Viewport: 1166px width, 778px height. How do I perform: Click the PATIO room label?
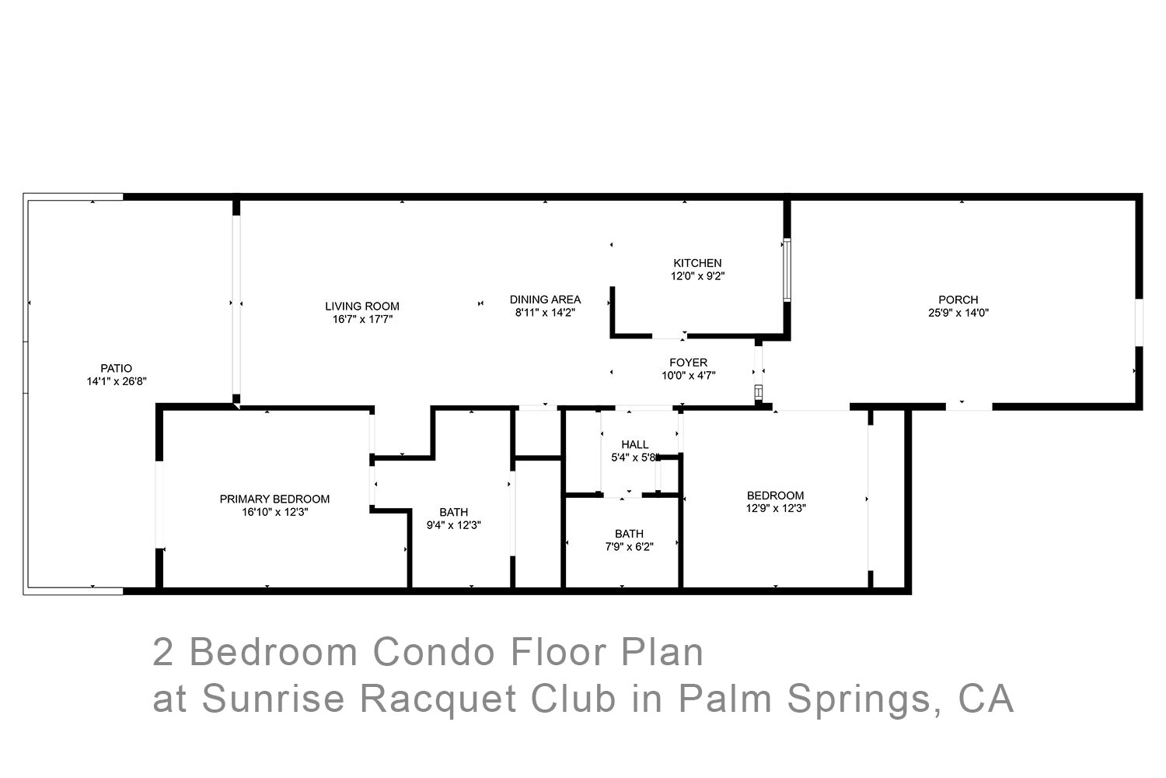tap(116, 369)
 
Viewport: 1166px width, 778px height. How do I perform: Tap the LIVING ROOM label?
tap(362, 307)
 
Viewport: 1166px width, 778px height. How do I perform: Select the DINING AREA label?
tap(545, 300)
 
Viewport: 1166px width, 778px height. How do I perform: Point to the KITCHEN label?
tap(697, 263)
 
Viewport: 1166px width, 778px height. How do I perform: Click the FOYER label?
tap(688, 363)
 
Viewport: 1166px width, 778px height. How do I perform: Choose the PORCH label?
tap(958, 300)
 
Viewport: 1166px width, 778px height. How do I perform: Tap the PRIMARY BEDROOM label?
tap(274, 499)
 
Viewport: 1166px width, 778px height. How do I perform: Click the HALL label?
tap(634, 444)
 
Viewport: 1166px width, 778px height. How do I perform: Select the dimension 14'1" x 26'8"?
tap(117, 381)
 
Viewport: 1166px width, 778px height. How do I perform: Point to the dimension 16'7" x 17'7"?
tap(362, 320)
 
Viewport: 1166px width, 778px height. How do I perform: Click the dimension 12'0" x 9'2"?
tap(697, 276)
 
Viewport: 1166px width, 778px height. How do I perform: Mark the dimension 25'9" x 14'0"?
tap(958, 313)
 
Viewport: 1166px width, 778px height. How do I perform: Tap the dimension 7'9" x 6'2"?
tap(629, 547)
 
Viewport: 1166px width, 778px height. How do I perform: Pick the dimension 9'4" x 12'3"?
tap(453, 525)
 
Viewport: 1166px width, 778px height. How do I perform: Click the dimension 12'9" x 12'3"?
tap(776, 508)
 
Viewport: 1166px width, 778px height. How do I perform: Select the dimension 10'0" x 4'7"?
tap(688, 376)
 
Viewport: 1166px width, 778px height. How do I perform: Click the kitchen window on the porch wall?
tap(787, 270)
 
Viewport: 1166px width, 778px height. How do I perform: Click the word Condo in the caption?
tap(434, 652)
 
